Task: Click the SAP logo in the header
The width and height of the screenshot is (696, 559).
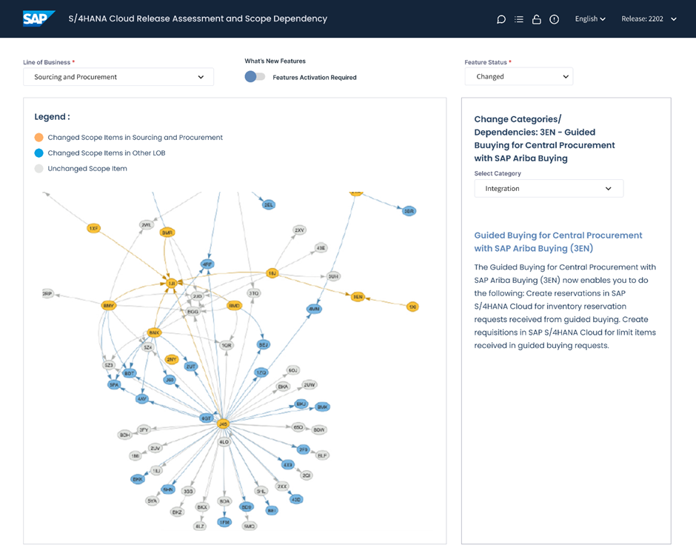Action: point(38,19)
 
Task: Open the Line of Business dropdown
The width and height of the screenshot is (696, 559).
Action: point(118,77)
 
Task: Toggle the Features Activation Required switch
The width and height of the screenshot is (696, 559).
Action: point(255,77)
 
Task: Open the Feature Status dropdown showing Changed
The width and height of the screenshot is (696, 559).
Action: point(518,76)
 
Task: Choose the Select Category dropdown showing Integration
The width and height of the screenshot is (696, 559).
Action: point(549,189)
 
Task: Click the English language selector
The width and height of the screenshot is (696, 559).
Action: point(590,19)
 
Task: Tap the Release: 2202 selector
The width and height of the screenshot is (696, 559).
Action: point(649,19)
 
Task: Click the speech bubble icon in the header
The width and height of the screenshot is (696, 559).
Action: point(501,19)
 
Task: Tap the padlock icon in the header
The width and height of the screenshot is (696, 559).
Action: point(536,19)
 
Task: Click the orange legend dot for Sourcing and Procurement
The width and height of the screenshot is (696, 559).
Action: point(39,138)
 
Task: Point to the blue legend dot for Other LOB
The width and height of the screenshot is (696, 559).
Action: point(39,153)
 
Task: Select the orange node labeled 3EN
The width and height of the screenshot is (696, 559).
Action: point(358,297)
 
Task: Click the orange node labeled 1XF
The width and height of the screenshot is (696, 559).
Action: point(93,229)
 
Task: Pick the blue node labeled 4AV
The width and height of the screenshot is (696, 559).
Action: point(142,399)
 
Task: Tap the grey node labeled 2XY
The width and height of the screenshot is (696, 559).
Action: point(299,230)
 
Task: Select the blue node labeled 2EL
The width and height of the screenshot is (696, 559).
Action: point(269,204)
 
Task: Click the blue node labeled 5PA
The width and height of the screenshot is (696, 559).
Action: point(114,385)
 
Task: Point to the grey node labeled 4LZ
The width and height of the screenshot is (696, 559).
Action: point(200,526)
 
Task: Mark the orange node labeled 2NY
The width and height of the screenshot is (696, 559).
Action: point(172,360)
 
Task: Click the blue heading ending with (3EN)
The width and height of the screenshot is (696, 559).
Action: point(558,241)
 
